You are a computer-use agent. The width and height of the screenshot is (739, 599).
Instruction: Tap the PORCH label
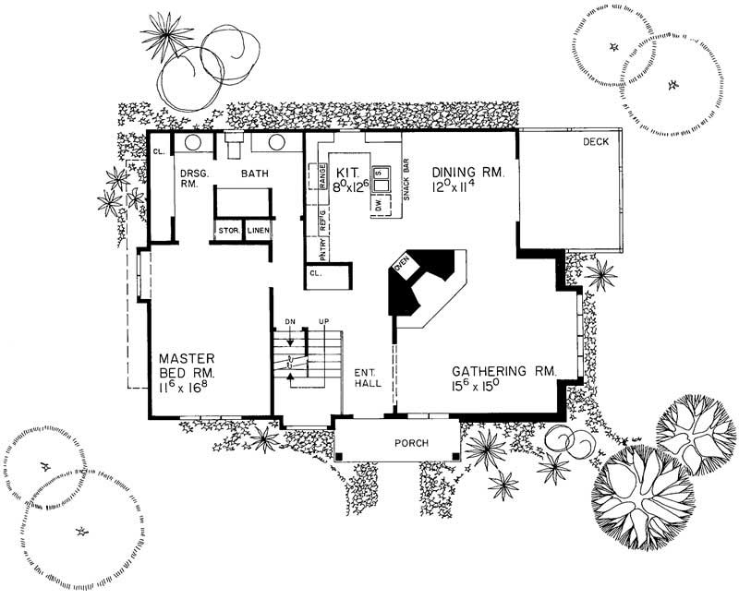tap(411, 443)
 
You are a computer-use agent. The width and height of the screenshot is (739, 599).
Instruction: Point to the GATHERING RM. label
tap(503, 371)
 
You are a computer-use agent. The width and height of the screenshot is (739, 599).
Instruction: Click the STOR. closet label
tap(228, 231)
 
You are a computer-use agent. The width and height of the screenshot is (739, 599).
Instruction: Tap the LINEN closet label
tap(259, 231)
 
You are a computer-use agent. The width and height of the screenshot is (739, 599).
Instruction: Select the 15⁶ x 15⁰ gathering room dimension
tap(475, 386)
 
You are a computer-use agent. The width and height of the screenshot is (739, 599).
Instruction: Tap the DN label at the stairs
tap(289, 322)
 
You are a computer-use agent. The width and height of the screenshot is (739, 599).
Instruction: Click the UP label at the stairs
tap(323, 322)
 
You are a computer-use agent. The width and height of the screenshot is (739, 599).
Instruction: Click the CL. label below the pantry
tap(315, 274)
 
